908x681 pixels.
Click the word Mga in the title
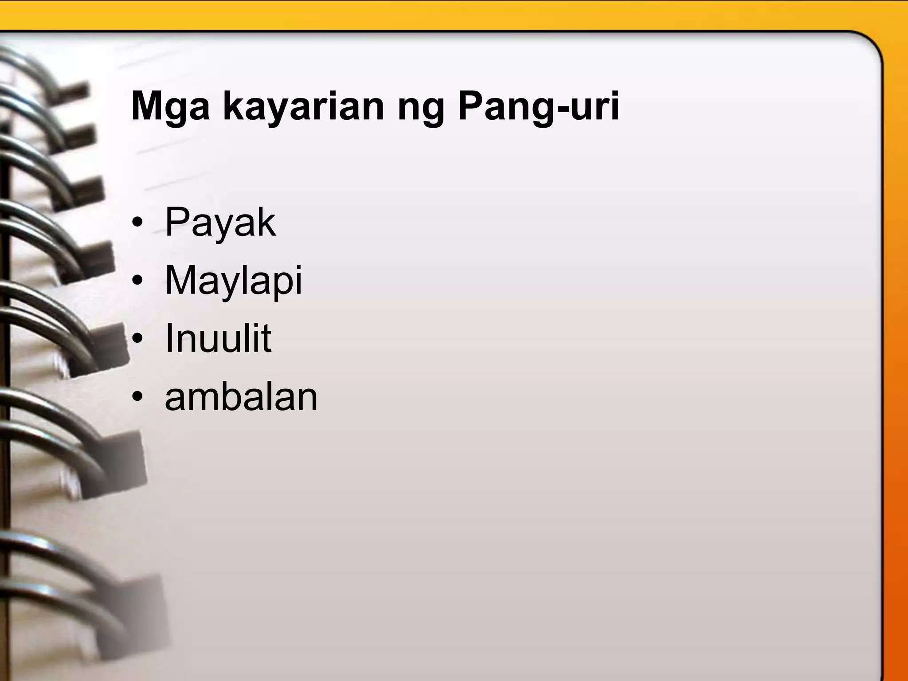coord(170,107)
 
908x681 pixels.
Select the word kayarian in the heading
coord(303,107)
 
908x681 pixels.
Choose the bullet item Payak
coord(220,223)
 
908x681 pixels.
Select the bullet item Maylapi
coord(233,281)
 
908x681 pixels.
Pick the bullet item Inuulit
coord(218,338)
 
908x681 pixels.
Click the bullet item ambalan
coord(241,397)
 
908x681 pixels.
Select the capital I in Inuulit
coord(169,338)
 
